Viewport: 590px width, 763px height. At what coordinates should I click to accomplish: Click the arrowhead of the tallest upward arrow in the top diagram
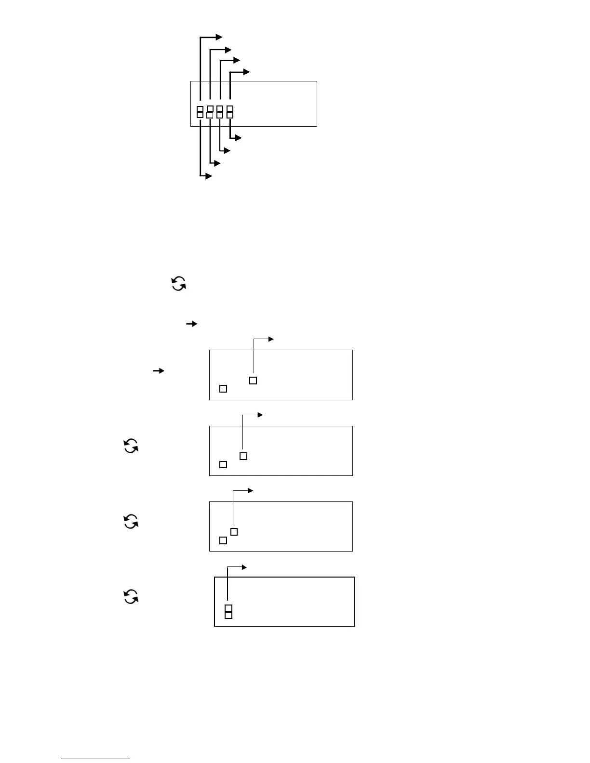[219, 37]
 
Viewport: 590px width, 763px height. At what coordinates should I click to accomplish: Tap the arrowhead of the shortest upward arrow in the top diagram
[247, 72]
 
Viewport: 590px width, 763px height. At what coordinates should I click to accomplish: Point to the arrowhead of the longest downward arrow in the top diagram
[209, 176]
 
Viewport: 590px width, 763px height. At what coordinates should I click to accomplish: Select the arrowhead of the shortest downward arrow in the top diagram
[238, 138]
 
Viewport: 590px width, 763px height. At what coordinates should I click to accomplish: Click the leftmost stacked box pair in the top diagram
[200, 112]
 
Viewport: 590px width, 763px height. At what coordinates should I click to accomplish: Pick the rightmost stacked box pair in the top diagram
[230, 112]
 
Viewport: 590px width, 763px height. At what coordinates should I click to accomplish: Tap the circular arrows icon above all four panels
[179, 284]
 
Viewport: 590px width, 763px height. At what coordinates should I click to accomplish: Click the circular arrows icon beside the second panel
[131, 446]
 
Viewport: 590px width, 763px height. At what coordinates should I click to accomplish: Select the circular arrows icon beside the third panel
[131, 522]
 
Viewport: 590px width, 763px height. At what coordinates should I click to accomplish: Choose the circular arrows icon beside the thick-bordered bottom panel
[131, 597]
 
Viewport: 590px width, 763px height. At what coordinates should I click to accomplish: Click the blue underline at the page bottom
[95, 759]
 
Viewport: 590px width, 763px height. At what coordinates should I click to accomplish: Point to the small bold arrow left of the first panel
[159, 371]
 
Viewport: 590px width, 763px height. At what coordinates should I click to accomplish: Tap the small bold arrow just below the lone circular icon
[192, 324]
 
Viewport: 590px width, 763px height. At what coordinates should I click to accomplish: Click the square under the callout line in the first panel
[253, 381]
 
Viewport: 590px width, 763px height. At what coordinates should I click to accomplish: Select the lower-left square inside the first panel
[223, 388]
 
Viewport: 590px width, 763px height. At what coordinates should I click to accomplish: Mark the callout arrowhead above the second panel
[261, 415]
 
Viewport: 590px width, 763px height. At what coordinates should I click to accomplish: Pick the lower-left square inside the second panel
[223, 464]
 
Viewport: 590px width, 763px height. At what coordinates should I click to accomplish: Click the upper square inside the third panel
[234, 532]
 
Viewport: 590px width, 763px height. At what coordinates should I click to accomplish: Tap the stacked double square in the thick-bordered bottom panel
[228, 612]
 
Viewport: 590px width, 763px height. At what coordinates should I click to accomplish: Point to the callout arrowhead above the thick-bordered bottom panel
[244, 567]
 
